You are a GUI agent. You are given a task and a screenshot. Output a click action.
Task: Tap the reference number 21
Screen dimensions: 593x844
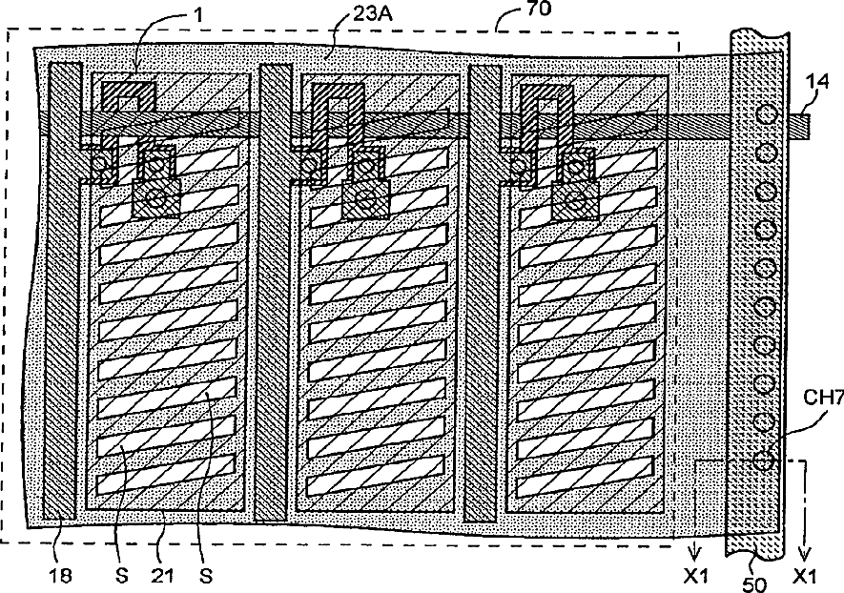(159, 576)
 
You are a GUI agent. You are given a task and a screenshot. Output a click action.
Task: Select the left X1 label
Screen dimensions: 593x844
(695, 577)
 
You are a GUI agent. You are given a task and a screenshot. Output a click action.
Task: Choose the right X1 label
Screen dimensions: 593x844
(806, 577)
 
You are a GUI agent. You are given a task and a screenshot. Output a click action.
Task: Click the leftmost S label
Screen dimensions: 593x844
(114, 576)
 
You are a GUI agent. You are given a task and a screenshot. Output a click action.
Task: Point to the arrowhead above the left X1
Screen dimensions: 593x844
(695, 551)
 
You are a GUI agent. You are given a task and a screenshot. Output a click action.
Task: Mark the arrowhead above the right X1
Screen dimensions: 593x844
(805, 551)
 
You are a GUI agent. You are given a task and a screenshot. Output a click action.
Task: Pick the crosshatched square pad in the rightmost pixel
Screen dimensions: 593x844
(576, 201)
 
